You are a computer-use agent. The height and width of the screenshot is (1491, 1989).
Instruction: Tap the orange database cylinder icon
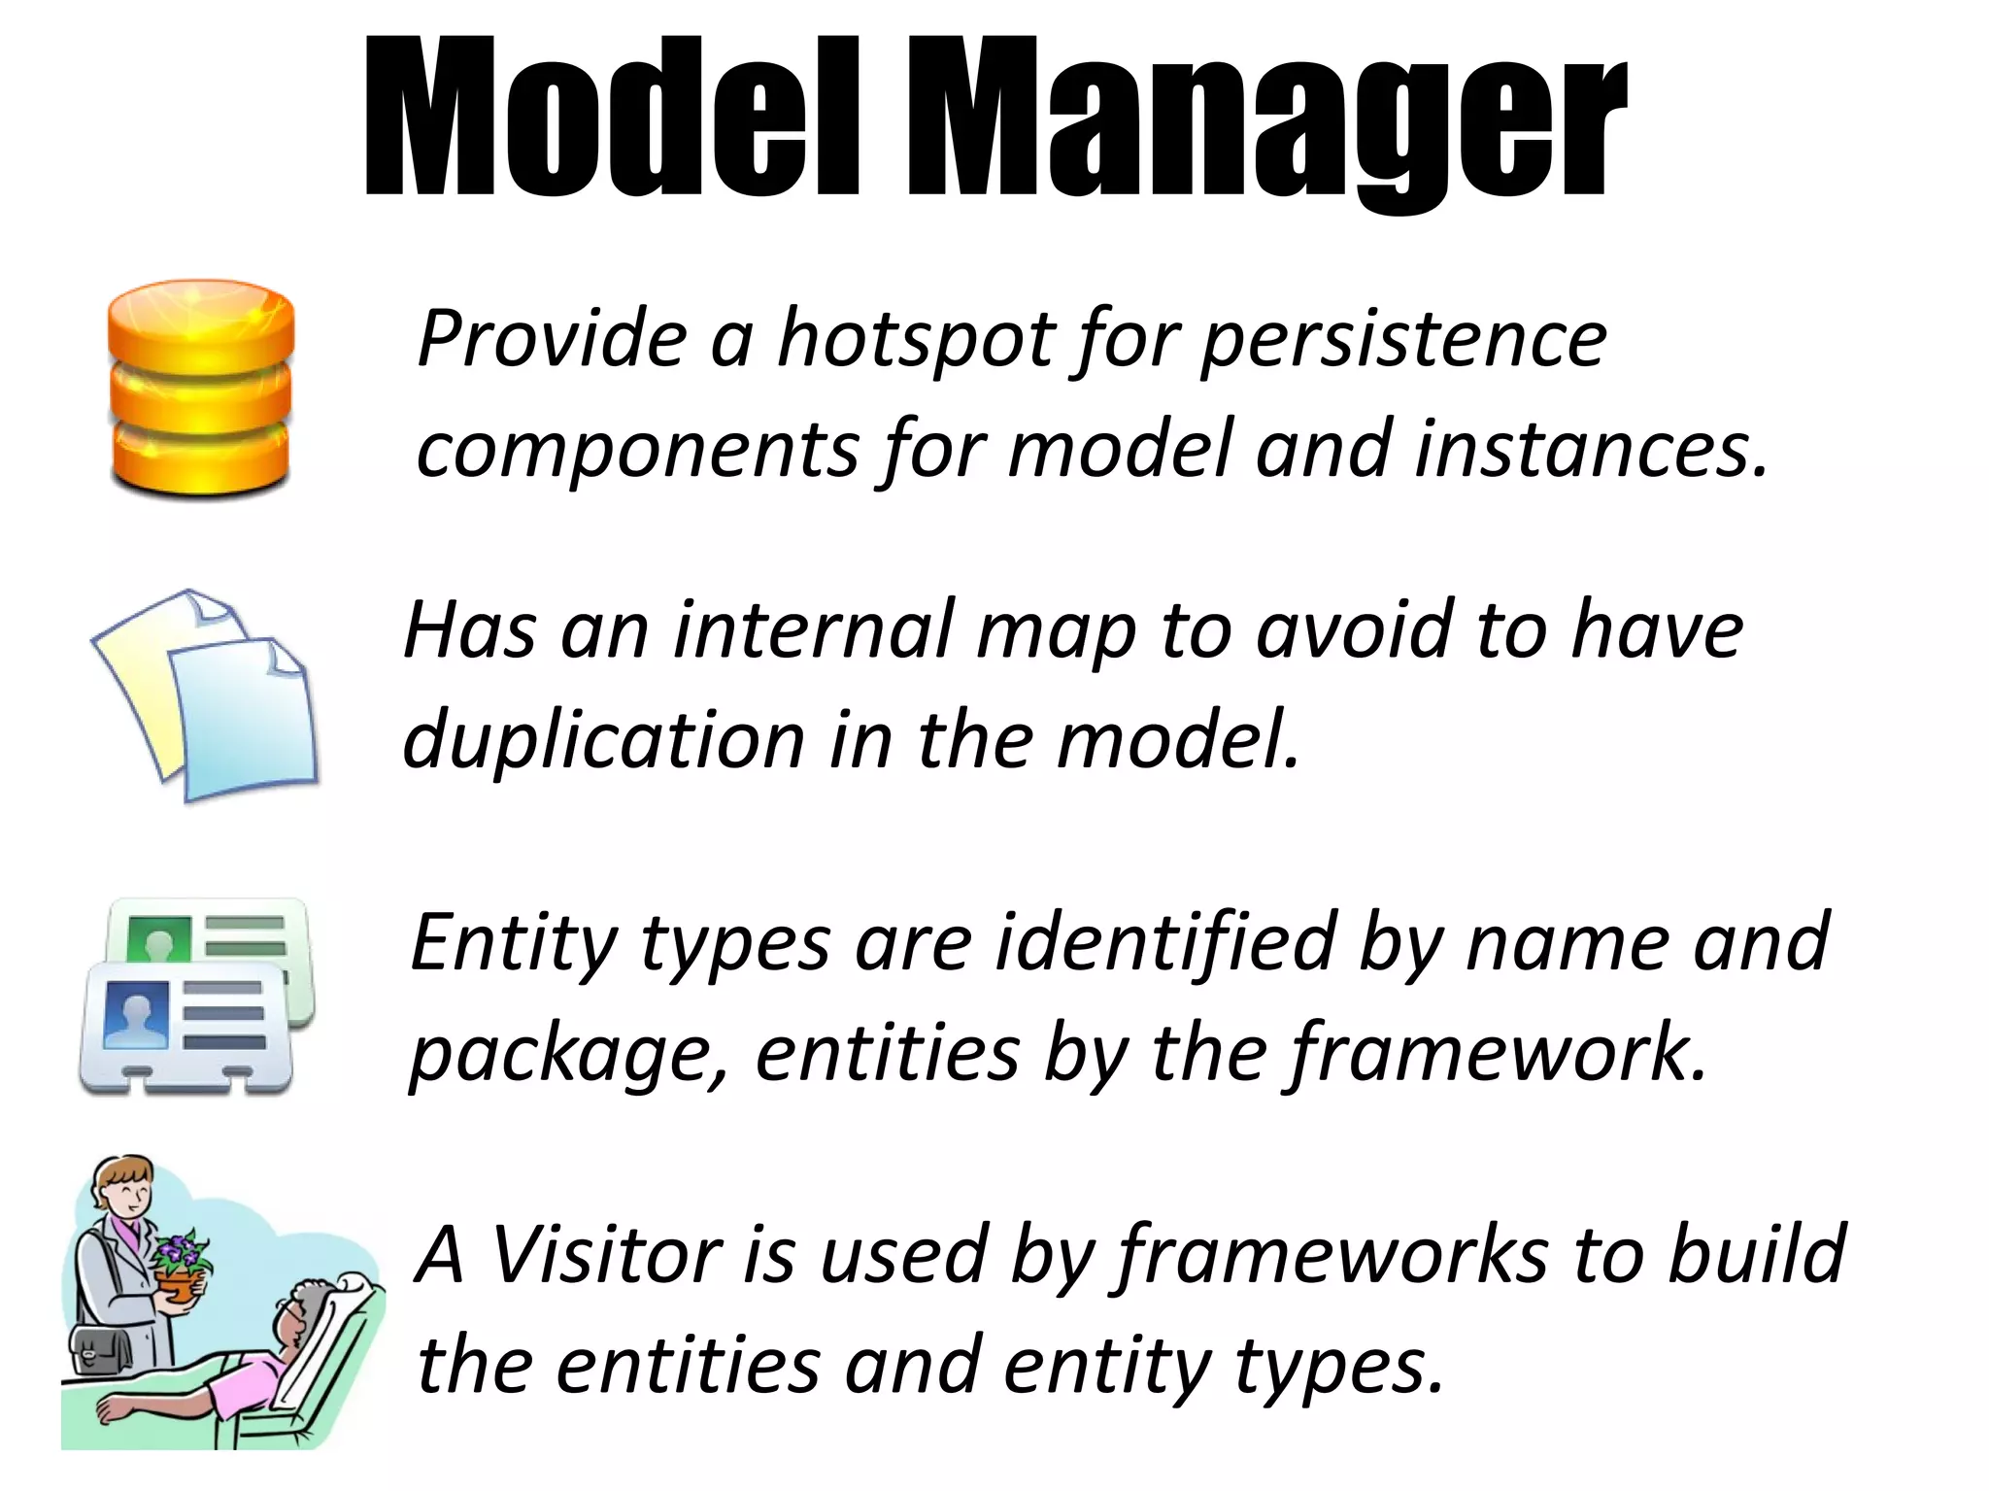click(200, 389)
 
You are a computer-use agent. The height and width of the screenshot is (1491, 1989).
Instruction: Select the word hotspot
click(916, 340)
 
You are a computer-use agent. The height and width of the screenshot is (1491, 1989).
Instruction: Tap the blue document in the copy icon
click(243, 719)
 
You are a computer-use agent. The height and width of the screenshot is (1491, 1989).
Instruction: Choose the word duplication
click(602, 740)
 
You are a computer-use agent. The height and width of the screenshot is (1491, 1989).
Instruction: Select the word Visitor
click(604, 1255)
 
